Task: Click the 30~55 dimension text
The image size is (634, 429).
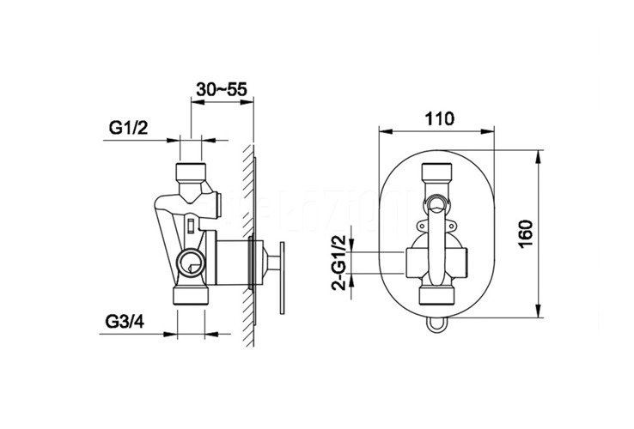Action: coord(221,89)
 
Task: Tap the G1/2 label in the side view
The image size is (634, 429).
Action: coord(129,128)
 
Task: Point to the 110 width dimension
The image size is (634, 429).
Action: coord(440,118)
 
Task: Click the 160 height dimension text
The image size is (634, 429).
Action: coord(526,235)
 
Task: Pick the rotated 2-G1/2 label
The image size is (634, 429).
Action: coord(338,263)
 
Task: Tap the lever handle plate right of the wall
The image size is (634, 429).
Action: coord(282,278)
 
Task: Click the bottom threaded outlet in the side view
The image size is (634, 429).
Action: coord(191,296)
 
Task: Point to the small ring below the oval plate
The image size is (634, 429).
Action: coord(436,324)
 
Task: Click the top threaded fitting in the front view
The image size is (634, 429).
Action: coord(436,172)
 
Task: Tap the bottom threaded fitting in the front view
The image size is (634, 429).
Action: coord(436,296)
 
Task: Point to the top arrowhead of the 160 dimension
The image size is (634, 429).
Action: coord(538,157)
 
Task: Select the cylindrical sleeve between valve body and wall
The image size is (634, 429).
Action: coord(232,263)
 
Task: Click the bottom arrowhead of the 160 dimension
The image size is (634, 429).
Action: coord(538,311)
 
